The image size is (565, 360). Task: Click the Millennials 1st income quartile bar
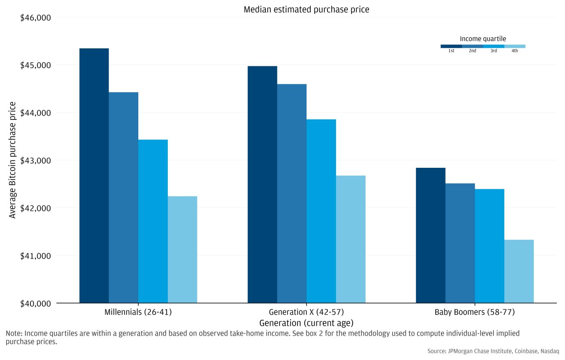pos(94,176)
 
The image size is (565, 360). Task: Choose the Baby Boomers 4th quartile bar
pos(519,271)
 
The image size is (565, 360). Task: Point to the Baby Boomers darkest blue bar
pos(431,235)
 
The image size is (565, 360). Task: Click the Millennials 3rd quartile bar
pos(153,221)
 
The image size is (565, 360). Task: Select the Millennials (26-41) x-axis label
pos(138,312)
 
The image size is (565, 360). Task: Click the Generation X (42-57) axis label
pos(306,312)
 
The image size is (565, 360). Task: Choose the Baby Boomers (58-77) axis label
pos(475,312)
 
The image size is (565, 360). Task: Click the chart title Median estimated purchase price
pos(306,9)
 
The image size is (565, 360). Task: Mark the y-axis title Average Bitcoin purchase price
pos(12,160)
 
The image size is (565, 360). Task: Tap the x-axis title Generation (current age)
pos(306,322)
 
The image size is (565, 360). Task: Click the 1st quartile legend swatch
pos(451,46)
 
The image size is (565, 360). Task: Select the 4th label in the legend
pos(514,51)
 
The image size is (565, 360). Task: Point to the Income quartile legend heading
pos(483,39)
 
